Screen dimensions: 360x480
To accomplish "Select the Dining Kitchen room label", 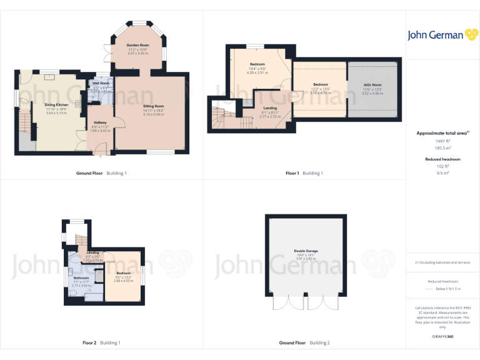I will coord(56,104).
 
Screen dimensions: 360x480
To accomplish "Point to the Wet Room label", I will coord(101,83).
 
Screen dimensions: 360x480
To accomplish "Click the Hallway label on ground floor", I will coord(100,122).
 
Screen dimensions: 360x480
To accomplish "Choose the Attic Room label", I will coord(372,84).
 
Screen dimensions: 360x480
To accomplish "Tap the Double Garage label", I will coord(306,251).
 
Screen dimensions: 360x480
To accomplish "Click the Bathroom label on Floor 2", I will coord(81,277).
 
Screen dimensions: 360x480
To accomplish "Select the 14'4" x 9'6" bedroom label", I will coord(257,64).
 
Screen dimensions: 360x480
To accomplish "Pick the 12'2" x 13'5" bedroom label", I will coord(320,84).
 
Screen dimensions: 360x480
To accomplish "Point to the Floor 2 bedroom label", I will coord(123,273).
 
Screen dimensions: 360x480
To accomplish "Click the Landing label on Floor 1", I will coord(269,109).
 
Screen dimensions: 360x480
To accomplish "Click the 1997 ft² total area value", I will coord(443,141).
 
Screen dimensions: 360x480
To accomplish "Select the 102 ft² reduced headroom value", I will coord(443,167).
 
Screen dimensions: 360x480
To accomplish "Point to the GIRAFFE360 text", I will coord(443,337).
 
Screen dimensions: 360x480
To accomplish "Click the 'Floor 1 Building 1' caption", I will coord(304,173).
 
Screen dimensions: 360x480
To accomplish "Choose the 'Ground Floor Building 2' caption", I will coord(304,343).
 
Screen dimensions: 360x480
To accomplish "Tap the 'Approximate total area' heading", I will coord(442,133).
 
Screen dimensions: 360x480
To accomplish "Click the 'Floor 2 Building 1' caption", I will coord(101,343).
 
